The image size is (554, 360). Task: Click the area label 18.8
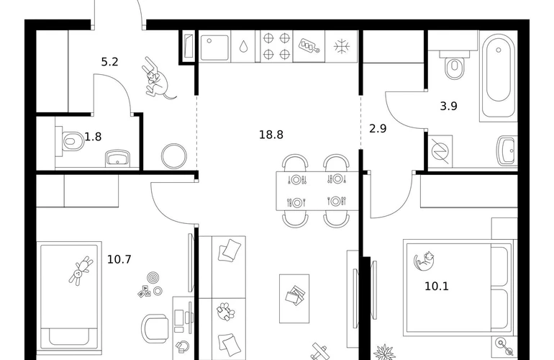click(x=271, y=135)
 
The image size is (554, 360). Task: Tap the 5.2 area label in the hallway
click(x=109, y=62)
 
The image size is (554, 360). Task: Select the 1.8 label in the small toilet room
click(x=93, y=137)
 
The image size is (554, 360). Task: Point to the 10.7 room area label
click(x=119, y=260)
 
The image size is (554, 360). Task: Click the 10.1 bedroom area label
click(x=437, y=286)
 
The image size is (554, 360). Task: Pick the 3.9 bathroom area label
click(x=448, y=106)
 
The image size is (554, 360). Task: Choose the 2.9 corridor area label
click(x=378, y=128)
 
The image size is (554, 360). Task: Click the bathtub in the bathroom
click(x=498, y=76)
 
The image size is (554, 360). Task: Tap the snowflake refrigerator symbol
click(x=341, y=47)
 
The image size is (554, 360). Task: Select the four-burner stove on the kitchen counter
click(x=277, y=46)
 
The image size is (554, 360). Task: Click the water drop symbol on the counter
click(x=243, y=46)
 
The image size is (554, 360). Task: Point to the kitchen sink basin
click(x=214, y=47)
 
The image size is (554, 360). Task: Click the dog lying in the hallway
click(x=158, y=78)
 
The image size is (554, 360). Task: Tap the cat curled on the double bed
click(x=424, y=261)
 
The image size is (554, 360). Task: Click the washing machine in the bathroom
click(x=440, y=151)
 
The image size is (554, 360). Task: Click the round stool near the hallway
click(x=174, y=156)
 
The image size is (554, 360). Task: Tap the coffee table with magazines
click(x=294, y=299)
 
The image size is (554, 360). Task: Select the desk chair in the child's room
click(x=155, y=328)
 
